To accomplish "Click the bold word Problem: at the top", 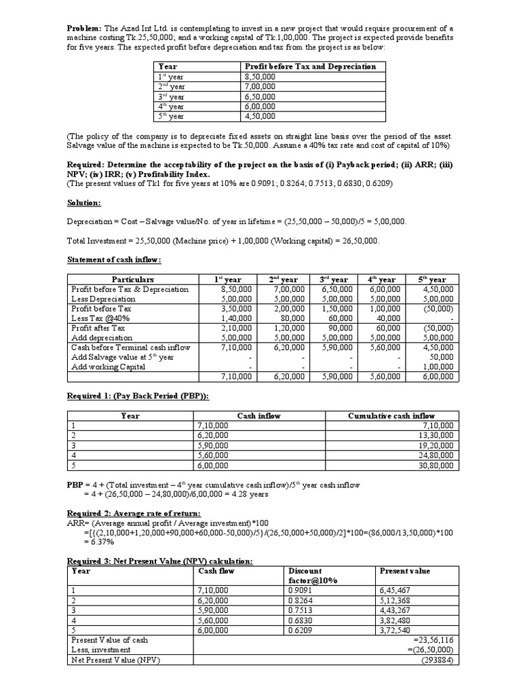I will tap(83, 28).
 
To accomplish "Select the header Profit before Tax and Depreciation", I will tap(309, 67).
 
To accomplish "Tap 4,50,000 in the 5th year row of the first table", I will tap(260, 115).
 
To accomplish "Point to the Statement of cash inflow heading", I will tap(113, 260).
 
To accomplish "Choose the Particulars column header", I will tap(132, 280).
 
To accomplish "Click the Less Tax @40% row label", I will tap(100, 318).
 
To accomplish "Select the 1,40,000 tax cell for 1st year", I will tap(237, 318).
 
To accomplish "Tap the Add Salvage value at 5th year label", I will tap(122, 357).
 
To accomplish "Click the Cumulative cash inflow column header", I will tap(391, 416).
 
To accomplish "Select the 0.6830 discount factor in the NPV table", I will tap(302, 620).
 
